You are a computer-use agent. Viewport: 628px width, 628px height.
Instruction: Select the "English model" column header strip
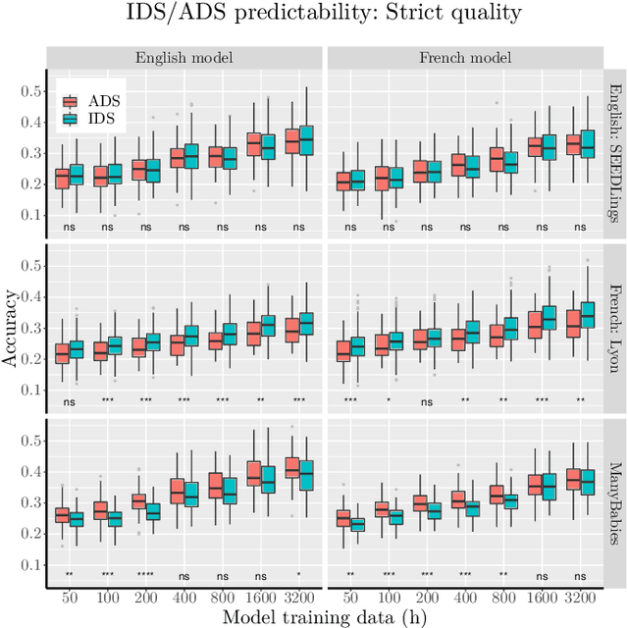(x=185, y=57)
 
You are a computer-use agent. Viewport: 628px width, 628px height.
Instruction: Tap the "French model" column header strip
(x=465, y=57)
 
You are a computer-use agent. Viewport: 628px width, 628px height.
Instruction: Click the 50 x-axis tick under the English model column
(x=69, y=595)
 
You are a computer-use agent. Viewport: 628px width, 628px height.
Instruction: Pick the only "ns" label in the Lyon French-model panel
(x=428, y=400)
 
